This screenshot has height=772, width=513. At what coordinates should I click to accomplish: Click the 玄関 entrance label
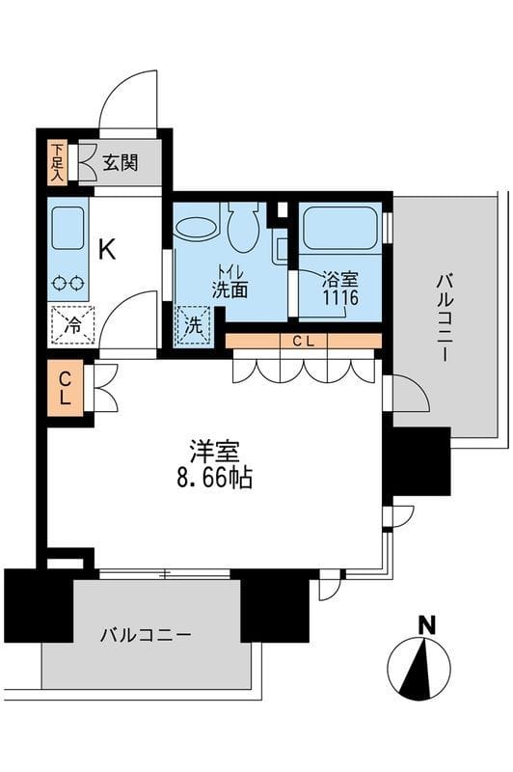pyautogui.click(x=121, y=162)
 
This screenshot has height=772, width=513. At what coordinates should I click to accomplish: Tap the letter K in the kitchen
pyautogui.click(x=106, y=250)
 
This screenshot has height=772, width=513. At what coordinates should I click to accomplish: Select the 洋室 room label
pyautogui.click(x=214, y=451)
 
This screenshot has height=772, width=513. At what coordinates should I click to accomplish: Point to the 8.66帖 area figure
pyautogui.click(x=214, y=477)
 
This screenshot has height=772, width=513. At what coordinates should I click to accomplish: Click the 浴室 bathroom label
pyautogui.click(x=340, y=280)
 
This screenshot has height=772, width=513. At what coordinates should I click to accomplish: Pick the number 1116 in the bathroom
pyautogui.click(x=340, y=298)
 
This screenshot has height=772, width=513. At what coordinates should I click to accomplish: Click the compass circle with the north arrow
pyautogui.click(x=418, y=668)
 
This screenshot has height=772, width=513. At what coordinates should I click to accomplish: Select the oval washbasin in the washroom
pyautogui.click(x=198, y=230)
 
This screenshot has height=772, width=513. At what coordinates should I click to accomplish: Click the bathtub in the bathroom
pyautogui.click(x=340, y=229)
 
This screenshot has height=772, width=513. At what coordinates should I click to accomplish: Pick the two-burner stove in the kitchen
pyautogui.click(x=67, y=283)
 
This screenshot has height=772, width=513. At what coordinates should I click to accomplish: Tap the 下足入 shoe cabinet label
pyautogui.click(x=57, y=163)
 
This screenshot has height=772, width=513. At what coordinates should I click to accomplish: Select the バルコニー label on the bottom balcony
pyautogui.click(x=146, y=635)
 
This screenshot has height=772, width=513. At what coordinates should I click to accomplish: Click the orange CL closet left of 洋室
pyautogui.click(x=66, y=388)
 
